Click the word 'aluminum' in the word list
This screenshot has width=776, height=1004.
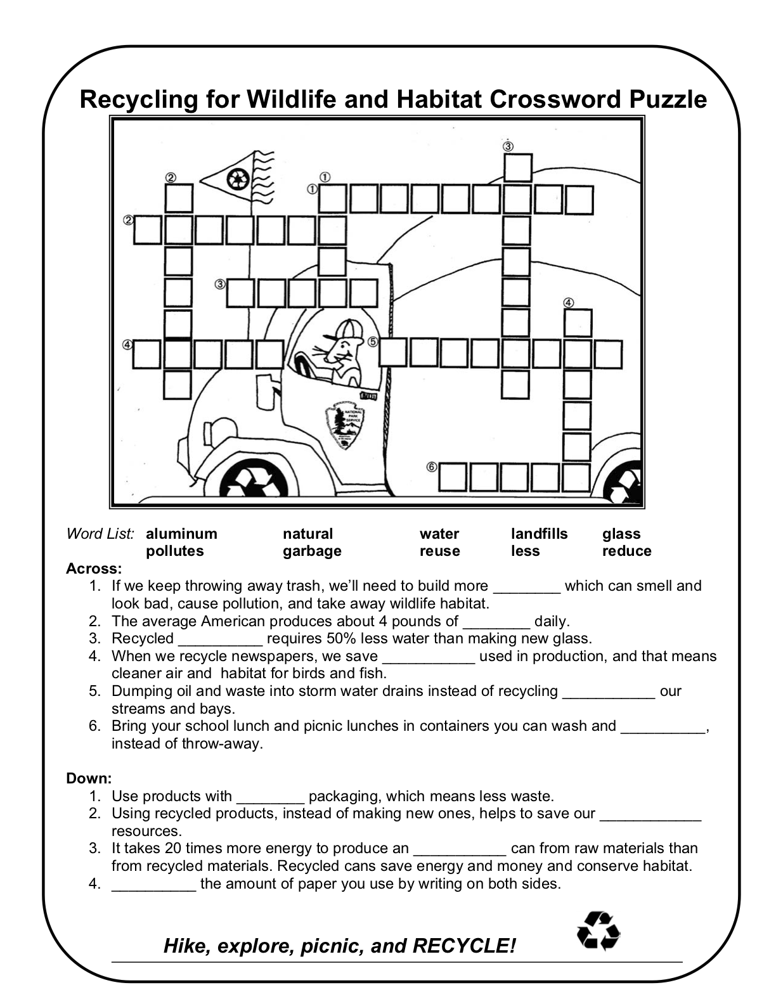click(181, 534)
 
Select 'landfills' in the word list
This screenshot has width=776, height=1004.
click(539, 534)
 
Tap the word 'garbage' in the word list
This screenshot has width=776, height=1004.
click(312, 551)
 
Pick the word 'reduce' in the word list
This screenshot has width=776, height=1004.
click(626, 551)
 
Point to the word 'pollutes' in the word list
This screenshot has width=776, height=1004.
click(175, 551)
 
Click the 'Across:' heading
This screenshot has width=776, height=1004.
click(94, 568)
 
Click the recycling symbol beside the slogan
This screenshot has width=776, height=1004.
click(598, 931)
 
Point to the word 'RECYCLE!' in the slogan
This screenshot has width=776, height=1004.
click(464, 946)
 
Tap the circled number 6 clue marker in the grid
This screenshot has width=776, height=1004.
click(432, 467)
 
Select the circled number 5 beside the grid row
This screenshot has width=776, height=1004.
click(373, 341)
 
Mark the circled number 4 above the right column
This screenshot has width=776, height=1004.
click(569, 302)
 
